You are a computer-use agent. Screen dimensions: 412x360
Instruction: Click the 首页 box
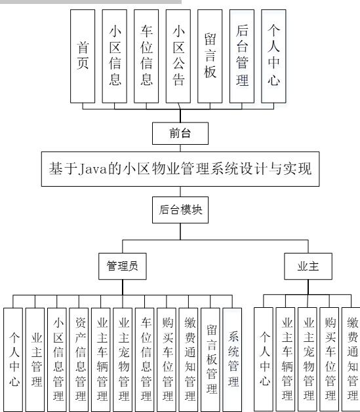point(84,56)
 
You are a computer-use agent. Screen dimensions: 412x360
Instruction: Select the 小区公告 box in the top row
point(179,56)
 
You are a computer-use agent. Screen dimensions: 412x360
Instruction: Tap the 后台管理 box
point(242,56)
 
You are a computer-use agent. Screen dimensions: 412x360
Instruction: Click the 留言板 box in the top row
point(210,56)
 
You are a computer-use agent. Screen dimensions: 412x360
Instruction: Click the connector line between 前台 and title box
point(180,148)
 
